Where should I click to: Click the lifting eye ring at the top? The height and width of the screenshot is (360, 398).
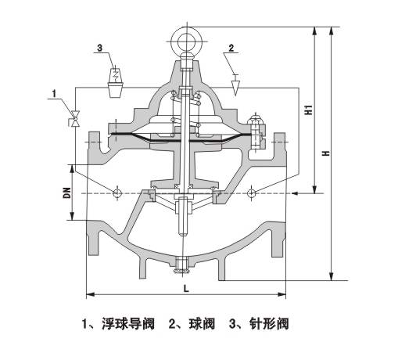187,37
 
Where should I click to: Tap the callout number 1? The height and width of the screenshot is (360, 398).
53,94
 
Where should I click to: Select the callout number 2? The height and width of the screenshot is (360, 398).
231,49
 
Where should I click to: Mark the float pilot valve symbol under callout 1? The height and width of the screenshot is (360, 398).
76,118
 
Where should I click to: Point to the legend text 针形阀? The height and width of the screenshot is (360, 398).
266,323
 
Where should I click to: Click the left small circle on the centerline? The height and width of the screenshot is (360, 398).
118,193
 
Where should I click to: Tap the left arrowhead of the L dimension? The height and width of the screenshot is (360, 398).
88,294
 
